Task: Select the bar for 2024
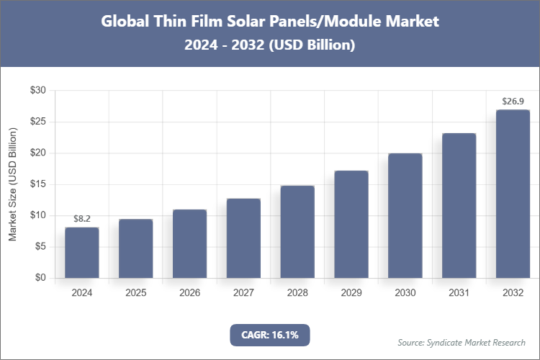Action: click(x=82, y=253)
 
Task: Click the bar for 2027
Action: click(x=243, y=238)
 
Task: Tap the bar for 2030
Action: click(x=405, y=216)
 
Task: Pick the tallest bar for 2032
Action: click(x=513, y=194)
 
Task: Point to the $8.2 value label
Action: click(x=82, y=218)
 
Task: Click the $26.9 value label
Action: click(x=513, y=101)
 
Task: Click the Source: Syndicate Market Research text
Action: click(x=462, y=342)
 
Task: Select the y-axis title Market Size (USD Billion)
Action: click(x=12, y=184)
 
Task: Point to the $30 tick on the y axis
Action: click(x=37, y=91)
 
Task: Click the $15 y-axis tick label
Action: click(x=37, y=184)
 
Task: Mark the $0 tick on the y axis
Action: click(x=40, y=278)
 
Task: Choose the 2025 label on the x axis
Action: click(x=136, y=293)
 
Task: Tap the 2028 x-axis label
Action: click(x=297, y=293)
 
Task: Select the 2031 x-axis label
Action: click(x=459, y=293)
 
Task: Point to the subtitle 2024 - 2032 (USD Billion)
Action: click(x=269, y=45)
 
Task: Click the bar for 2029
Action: click(x=351, y=225)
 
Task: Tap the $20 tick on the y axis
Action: click(x=37, y=153)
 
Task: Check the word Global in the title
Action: click(x=123, y=21)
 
